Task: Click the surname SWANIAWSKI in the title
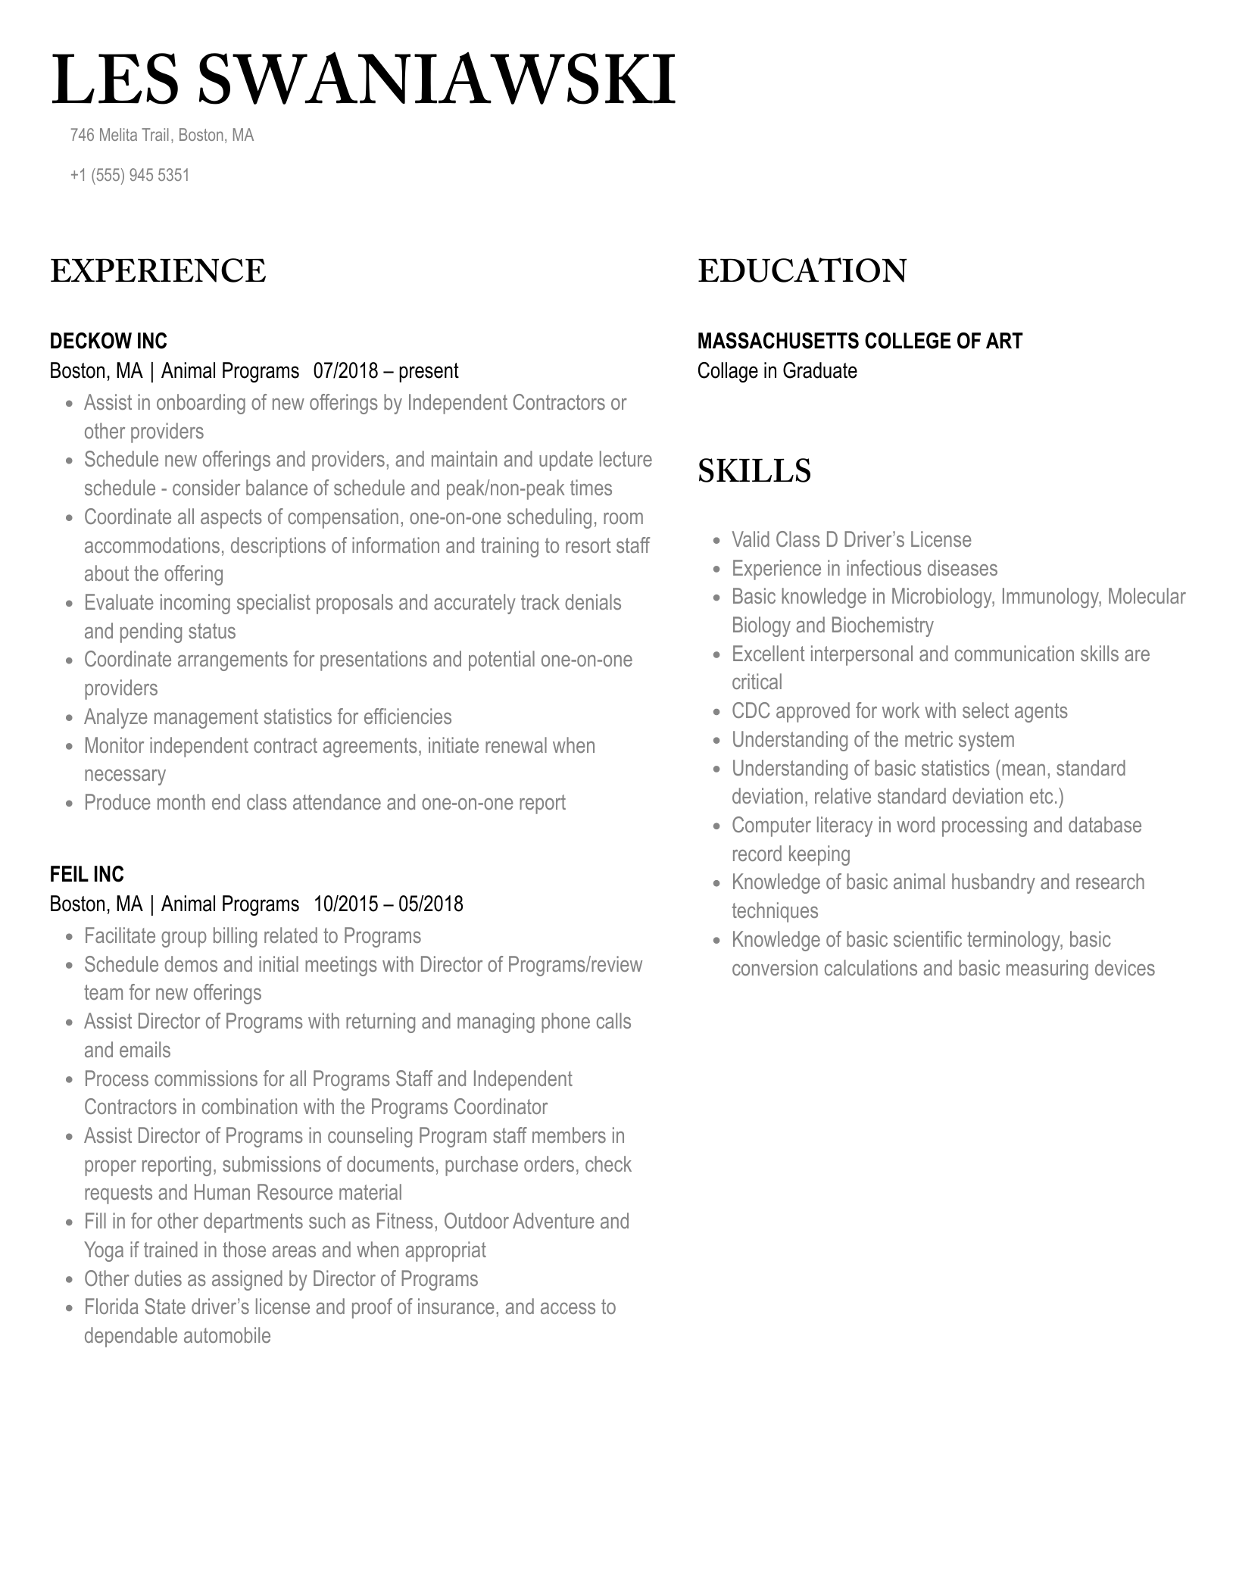[x=436, y=80]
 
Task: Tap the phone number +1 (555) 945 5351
[x=130, y=176]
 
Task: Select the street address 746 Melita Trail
[x=120, y=136]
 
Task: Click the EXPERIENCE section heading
[x=158, y=271]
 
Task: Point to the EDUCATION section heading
[x=802, y=271]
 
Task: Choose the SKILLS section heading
[x=754, y=471]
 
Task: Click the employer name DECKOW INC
[x=108, y=342]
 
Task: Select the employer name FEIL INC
[x=87, y=875]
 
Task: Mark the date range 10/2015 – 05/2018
[x=388, y=904]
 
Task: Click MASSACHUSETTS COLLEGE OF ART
[x=860, y=342]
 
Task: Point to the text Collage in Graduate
[x=777, y=371]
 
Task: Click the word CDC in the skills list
[x=751, y=711]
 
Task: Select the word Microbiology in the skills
[x=941, y=597]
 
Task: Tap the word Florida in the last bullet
[x=111, y=1307]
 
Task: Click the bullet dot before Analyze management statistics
[x=69, y=718]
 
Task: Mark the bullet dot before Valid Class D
[x=716, y=541]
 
